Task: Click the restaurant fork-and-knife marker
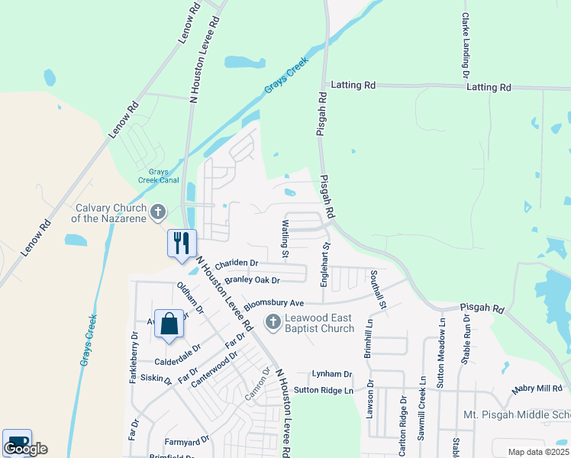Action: point(182,244)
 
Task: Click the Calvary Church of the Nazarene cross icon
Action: point(157,211)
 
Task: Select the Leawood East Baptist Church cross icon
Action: point(273,323)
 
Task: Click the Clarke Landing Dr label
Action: point(465,45)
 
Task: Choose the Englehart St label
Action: point(324,264)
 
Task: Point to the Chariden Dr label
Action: point(237,264)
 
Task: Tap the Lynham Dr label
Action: point(331,374)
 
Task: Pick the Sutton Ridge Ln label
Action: point(324,390)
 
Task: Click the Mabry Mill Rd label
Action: point(537,389)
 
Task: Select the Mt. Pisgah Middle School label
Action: point(517,415)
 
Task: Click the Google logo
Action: point(25,448)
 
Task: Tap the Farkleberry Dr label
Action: point(134,357)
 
